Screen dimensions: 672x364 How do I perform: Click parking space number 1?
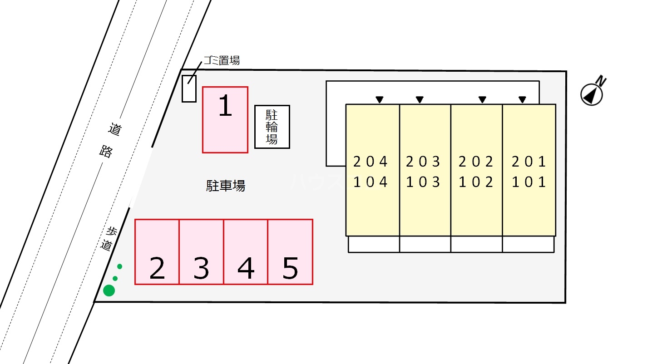(225, 119)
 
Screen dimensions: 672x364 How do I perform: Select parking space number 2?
(157, 252)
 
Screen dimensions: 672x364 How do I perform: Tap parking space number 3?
(201, 252)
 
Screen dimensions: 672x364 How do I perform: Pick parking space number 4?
(246, 252)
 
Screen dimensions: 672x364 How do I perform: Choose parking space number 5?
(290, 252)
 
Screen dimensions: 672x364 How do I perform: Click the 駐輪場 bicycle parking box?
(272, 127)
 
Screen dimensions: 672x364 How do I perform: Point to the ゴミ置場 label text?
(221, 60)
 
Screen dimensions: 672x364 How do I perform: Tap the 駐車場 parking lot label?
(226, 186)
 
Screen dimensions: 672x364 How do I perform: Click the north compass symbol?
(593, 93)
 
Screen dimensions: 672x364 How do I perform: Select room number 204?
(371, 161)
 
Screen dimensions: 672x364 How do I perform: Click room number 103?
(423, 182)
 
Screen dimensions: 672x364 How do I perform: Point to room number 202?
(476, 161)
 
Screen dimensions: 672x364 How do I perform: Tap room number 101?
(529, 182)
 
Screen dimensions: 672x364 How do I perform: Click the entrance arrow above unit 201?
(522, 99)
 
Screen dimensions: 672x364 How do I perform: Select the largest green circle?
(109, 290)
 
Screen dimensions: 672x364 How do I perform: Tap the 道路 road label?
(110, 140)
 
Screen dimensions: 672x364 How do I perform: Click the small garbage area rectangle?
(189, 89)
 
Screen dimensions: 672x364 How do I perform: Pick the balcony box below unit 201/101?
(528, 244)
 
